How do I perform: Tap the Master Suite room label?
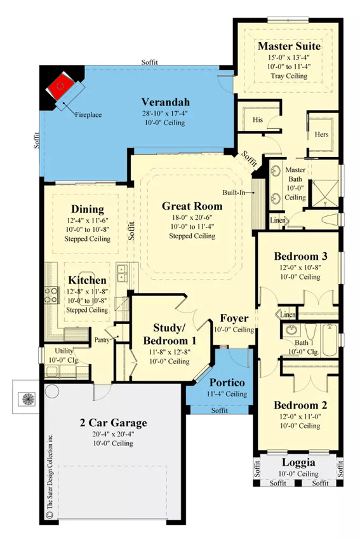(289, 46)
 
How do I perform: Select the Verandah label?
(165, 102)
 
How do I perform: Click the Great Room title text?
(192, 206)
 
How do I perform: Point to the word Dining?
(88, 209)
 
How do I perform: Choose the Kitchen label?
(88, 280)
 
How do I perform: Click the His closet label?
(258, 119)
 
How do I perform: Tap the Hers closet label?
(321, 135)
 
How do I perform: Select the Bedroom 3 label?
(300, 256)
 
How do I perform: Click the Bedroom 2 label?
(300, 405)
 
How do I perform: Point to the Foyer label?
(234, 318)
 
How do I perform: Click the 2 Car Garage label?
(114, 422)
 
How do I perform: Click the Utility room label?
(63, 351)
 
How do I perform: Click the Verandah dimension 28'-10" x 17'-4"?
(164, 113)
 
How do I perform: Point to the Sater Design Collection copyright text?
(49, 483)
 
